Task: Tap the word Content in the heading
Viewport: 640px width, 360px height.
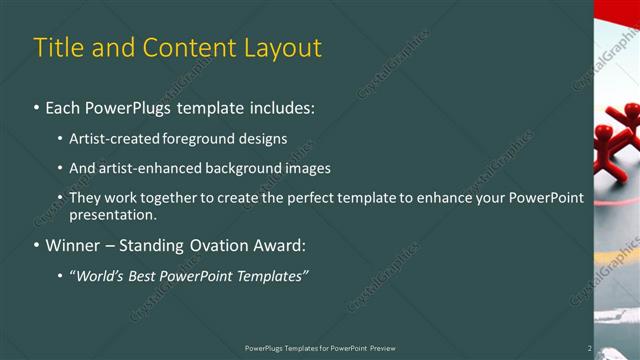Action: click(x=184, y=48)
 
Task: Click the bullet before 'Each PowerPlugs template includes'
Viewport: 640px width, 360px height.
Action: click(x=37, y=105)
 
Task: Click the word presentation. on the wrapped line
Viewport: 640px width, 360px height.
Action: click(x=113, y=214)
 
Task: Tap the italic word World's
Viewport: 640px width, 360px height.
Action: click(x=99, y=275)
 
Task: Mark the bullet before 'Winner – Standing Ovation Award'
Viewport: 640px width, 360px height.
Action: click(x=37, y=245)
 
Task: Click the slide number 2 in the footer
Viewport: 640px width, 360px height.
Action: click(x=589, y=348)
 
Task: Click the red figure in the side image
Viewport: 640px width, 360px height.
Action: click(x=616, y=145)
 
